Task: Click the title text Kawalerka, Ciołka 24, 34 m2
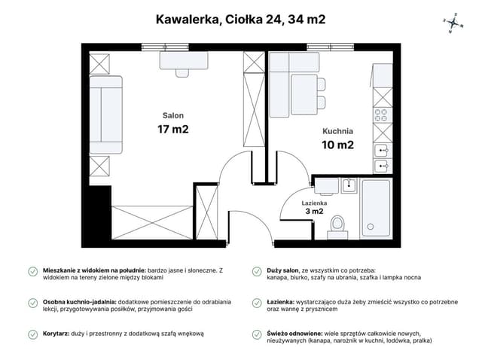[240, 20]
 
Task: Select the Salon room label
[172, 115]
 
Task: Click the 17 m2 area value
[172, 130]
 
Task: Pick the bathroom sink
[348, 185]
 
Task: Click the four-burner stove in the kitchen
[382, 116]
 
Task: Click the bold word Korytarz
[58, 333]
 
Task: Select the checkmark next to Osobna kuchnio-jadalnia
[32, 302]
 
